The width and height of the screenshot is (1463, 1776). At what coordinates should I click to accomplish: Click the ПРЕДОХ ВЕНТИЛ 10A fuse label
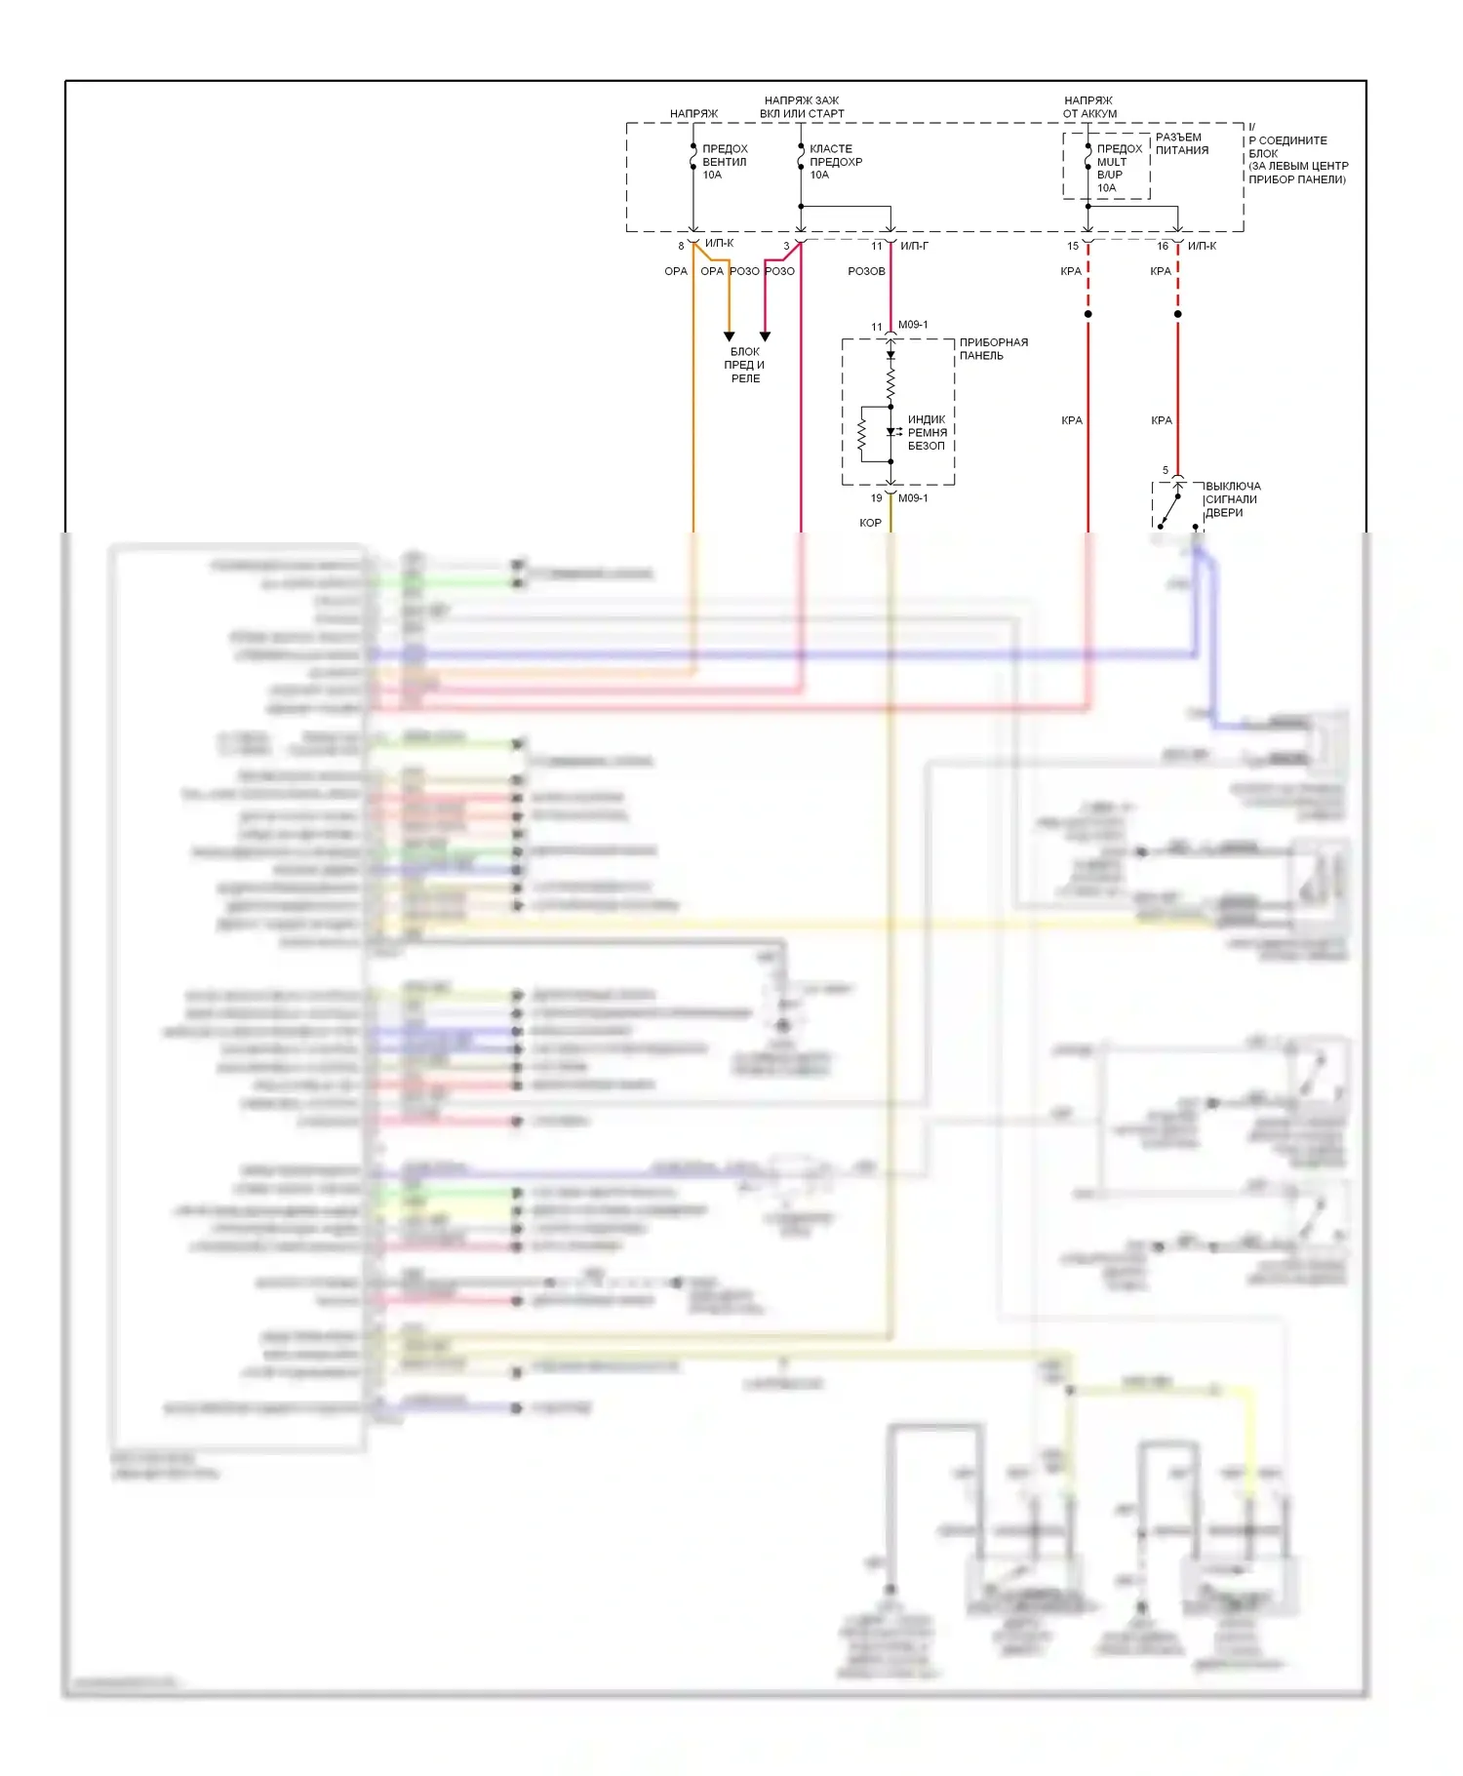725,162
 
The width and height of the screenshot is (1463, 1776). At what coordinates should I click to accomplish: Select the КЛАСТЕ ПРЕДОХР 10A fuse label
835,162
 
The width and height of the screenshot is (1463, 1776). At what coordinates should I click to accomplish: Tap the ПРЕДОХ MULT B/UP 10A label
1119,168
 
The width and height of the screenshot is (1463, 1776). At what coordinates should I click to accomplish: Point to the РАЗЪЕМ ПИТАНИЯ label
1181,144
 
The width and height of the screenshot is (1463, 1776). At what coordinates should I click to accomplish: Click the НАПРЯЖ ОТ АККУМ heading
1089,107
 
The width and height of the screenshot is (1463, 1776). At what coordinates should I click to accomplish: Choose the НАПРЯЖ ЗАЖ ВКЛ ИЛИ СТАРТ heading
802,107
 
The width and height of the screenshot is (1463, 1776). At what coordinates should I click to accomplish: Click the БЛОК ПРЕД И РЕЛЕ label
745,365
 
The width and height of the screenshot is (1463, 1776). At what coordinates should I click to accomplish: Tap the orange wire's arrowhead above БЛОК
729,336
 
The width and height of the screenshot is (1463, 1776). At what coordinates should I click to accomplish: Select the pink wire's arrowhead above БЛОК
766,336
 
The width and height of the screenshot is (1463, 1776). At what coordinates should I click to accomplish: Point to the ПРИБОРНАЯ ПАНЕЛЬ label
993,349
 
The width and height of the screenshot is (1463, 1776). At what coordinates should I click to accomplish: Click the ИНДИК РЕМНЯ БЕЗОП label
927,432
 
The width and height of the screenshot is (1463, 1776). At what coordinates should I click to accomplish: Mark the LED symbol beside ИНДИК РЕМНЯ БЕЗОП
891,432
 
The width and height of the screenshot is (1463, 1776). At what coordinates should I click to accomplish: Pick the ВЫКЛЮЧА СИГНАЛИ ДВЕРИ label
1232,499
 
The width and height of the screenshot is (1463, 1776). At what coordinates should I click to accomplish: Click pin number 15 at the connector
1073,246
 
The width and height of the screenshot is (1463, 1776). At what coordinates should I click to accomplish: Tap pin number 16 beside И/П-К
1163,246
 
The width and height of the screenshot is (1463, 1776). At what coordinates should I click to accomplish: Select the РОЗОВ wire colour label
866,271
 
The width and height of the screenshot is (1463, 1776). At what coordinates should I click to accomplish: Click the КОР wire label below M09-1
870,523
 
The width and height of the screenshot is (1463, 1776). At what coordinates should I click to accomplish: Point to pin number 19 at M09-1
876,498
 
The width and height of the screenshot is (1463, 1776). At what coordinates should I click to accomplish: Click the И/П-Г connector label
914,246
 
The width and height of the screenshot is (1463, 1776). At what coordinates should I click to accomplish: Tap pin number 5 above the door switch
1165,470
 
